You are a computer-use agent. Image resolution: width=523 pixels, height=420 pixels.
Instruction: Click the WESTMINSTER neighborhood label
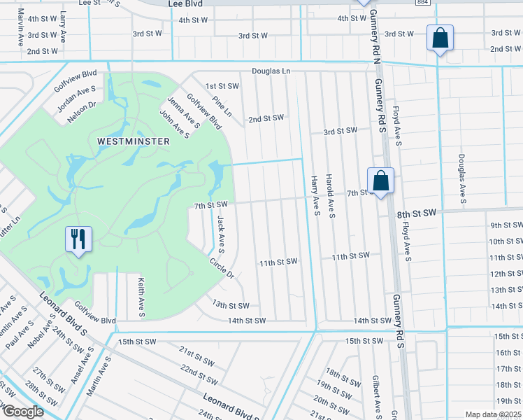pyautogui.click(x=133, y=141)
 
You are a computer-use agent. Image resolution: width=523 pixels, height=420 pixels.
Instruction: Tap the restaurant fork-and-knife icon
pyautogui.click(x=78, y=239)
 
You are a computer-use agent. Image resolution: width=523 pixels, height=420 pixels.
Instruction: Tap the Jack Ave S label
pyautogui.click(x=220, y=233)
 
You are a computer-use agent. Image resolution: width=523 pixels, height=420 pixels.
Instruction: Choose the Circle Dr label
pyautogui.click(x=222, y=267)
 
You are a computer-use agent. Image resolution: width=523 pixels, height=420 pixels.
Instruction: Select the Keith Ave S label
pyautogui.click(x=141, y=295)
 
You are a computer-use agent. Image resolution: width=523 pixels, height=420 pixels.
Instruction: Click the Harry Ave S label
pyautogui.click(x=315, y=195)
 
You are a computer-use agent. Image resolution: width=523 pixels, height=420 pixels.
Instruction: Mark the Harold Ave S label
pyautogui.click(x=331, y=195)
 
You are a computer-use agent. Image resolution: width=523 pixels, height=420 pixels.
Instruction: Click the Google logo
pyautogui.click(x=22, y=412)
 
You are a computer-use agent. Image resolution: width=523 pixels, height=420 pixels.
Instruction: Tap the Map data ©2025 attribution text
pyautogui.click(x=492, y=414)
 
